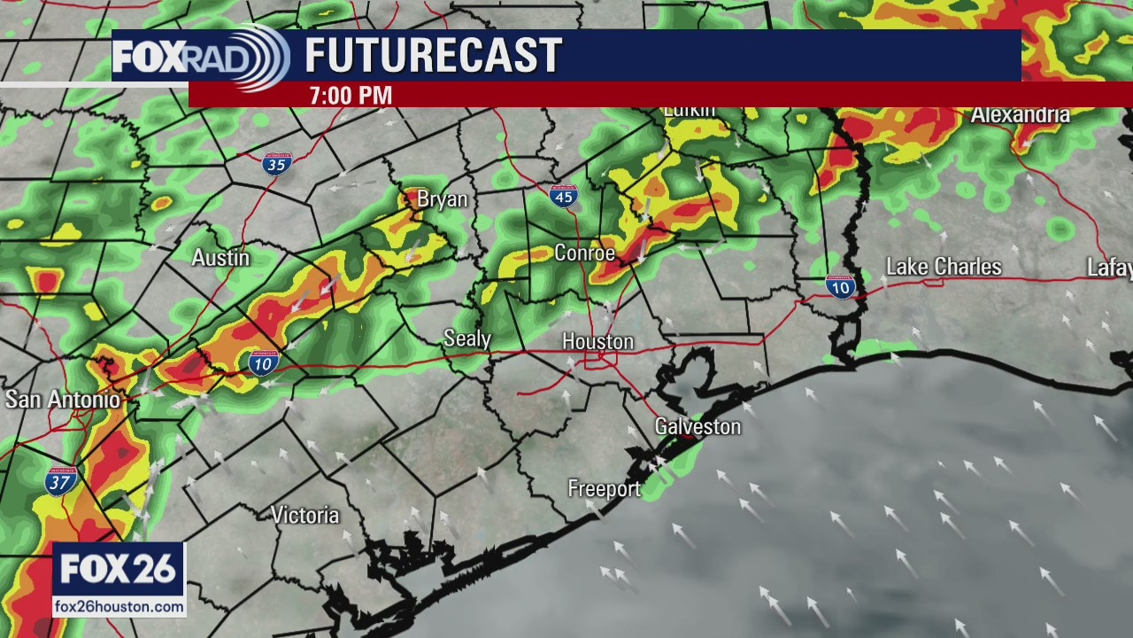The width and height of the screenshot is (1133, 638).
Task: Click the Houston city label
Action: click(x=597, y=342)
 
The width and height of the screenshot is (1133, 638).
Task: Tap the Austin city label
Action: click(x=220, y=258)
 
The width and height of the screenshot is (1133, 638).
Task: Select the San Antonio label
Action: click(x=62, y=400)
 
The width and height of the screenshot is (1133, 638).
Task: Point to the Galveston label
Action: click(x=698, y=427)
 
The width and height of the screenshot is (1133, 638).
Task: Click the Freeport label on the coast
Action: click(x=604, y=489)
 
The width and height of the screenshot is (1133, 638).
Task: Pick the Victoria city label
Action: click(x=305, y=515)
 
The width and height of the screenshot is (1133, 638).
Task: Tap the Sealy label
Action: click(x=466, y=338)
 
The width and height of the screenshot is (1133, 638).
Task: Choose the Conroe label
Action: click(x=584, y=253)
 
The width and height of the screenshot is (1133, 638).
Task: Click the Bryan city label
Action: click(x=442, y=199)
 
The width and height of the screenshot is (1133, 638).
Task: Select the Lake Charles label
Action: click(x=944, y=267)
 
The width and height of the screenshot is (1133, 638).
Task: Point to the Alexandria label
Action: click(x=1020, y=115)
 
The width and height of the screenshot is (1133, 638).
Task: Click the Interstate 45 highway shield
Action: click(x=564, y=196)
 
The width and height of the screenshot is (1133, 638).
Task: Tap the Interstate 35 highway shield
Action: click(x=277, y=163)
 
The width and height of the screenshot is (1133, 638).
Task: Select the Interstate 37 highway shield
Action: click(x=61, y=481)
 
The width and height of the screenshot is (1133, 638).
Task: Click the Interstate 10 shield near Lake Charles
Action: click(x=840, y=285)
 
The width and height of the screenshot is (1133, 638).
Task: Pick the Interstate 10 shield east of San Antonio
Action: click(x=264, y=362)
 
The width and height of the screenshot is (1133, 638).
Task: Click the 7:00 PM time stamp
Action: click(x=351, y=96)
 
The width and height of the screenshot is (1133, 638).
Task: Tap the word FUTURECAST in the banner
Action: click(x=433, y=56)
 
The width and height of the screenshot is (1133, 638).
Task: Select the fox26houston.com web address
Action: click(x=119, y=607)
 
